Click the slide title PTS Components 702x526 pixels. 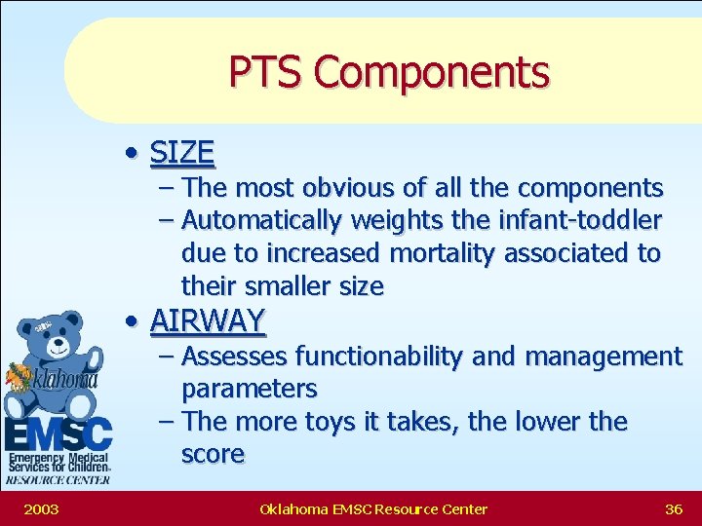389,72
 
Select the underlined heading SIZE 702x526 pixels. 182,153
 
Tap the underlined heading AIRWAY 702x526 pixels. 208,320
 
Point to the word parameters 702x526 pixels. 250,390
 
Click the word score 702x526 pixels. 213,455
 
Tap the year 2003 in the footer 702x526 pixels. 40,508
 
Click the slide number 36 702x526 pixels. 673,508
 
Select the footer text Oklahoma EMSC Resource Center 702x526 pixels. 373,508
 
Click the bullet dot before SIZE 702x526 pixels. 131,154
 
